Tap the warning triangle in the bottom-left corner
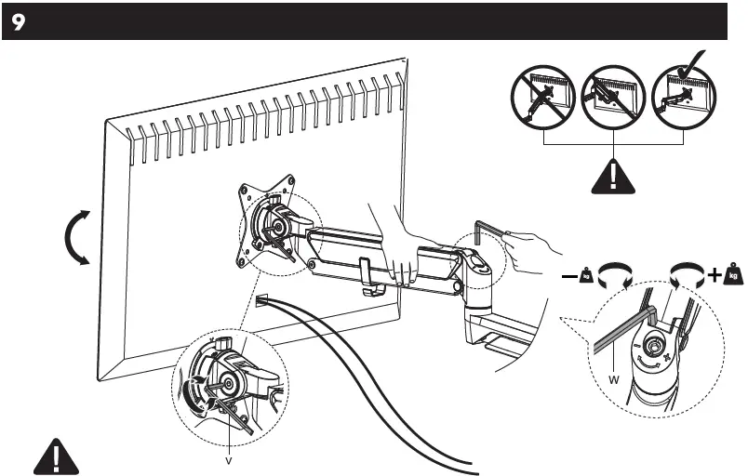(x=57, y=457)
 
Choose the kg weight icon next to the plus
(x=734, y=275)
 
